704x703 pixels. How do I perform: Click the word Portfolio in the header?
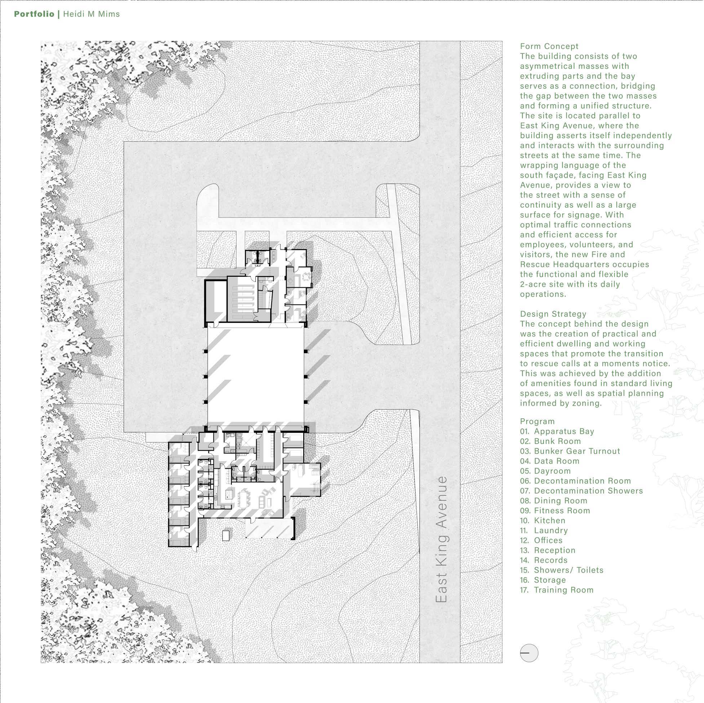pos(34,14)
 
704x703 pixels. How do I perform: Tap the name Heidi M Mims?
pos(92,14)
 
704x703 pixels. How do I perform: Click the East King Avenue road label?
pos(442,539)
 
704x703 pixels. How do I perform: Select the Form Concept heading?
pos(549,46)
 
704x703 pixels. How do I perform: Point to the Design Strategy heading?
pos(553,314)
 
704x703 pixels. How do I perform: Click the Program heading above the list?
pos(537,421)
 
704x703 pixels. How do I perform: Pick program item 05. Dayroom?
pos(545,471)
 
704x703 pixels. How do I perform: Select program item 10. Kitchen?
pos(543,521)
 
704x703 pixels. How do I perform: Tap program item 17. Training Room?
pos(557,590)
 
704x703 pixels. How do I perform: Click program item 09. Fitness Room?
pos(555,510)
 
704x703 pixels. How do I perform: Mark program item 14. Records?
pos(544,560)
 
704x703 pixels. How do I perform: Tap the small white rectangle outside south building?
pos(226,535)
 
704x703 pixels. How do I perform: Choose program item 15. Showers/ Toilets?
pos(562,570)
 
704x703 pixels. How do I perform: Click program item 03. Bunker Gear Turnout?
pos(570,451)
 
